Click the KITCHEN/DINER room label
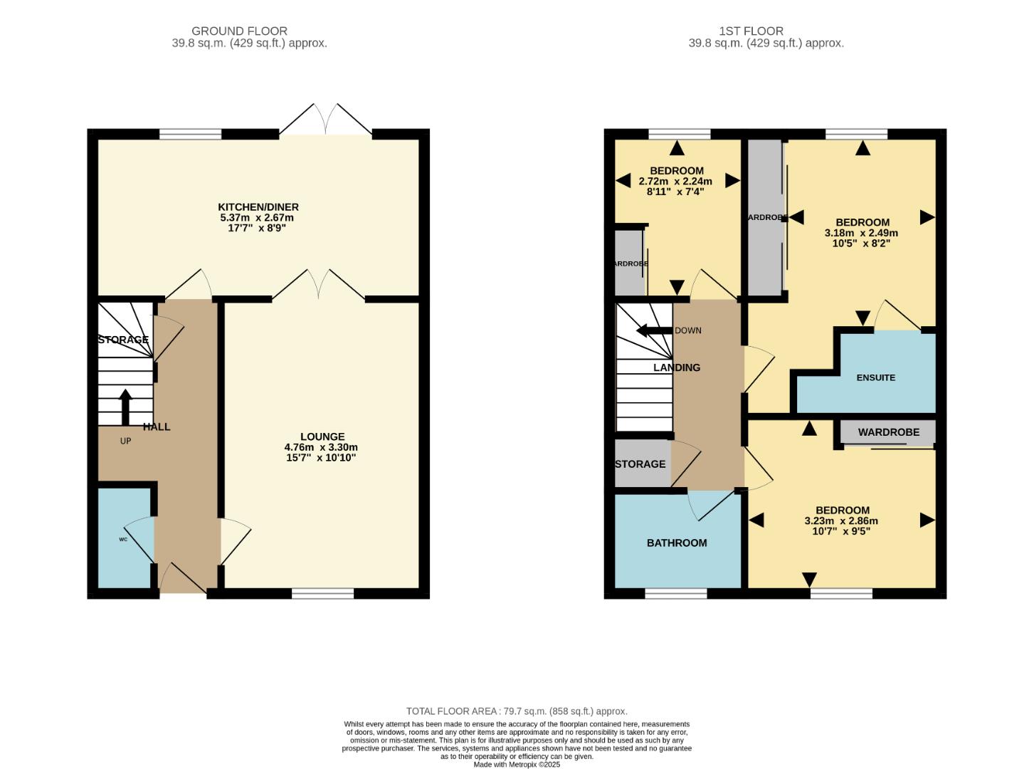(x=259, y=207)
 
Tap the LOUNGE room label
(x=322, y=436)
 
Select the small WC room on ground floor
(x=124, y=539)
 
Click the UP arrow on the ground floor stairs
(x=125, y=407)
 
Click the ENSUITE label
(x=875, y=377)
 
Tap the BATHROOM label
(x=676, y=543)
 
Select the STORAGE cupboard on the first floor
(x=640, y=464)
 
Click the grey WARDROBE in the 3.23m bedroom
(x=887, y=432)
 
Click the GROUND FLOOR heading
(x=239, y=31)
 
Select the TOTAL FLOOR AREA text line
(x=517, y=711)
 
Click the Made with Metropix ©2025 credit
(x=517, y=765)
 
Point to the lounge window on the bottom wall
(x=322, y=593)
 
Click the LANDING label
(x=676, y=368)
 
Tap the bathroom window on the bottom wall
(x=676, y=593)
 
